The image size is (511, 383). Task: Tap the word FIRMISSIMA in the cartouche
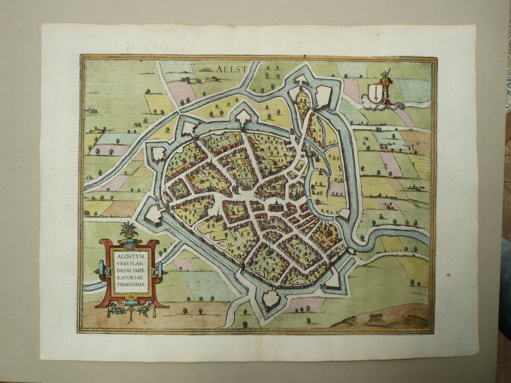[x=129, y=284]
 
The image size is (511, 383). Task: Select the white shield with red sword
[x=375, y=92]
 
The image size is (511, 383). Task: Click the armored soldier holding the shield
[x=386, y=85]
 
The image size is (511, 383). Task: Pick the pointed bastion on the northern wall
[x=243, y=117]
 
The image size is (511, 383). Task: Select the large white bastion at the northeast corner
[x=323, y=95]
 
